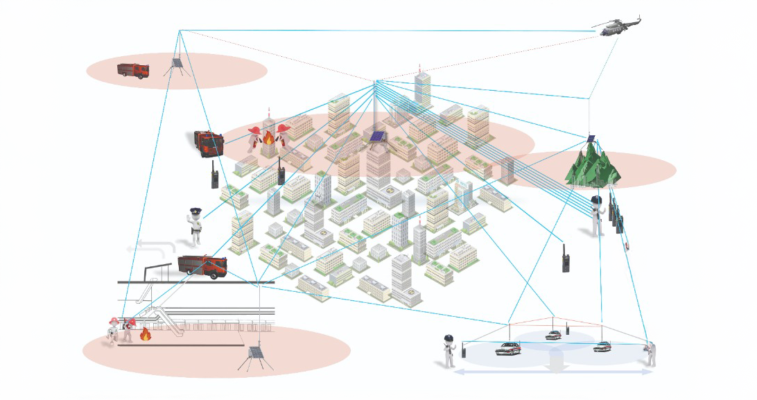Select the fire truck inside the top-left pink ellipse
[x=133, y=70]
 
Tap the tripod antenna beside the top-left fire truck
[x=176, y=65]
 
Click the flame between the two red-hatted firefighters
[x=268, y=139]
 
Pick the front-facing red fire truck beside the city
[x=209, y=143]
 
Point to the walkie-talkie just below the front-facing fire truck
[x=215, y=177]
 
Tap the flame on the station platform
[x=146, y=335]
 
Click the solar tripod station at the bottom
[x=254, y=356]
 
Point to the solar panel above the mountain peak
[x=591, y=138]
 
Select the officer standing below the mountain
[x=596, y=216]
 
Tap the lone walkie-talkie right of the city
[x=565, y=257]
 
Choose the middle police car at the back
[x=552, y=336]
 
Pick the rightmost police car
[x=602, y=346]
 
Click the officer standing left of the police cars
[x=449, y=350]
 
